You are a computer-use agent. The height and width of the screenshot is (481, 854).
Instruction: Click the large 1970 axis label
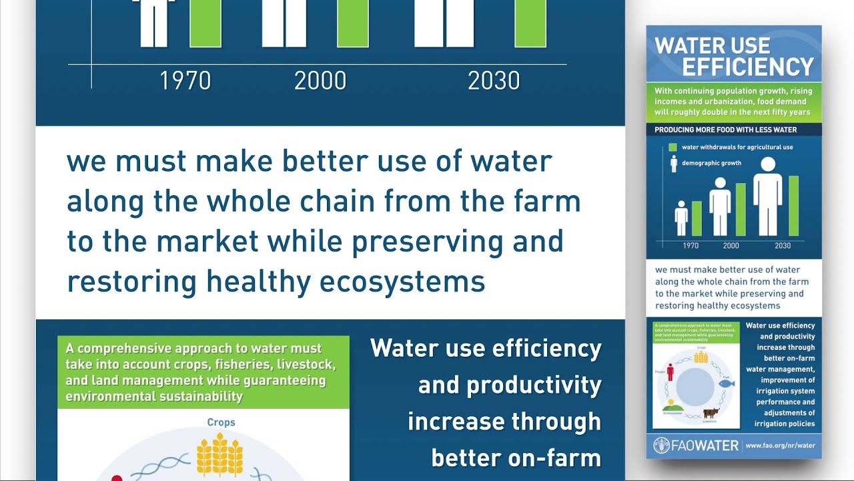(185, 81)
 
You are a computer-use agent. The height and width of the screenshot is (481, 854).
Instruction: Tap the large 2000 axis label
(320, 81)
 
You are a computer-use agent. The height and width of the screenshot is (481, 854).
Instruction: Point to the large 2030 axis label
(494, 81)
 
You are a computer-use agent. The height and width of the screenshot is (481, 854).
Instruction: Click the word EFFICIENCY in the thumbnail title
(748, 67)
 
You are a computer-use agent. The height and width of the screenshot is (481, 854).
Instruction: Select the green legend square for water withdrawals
(673, 147)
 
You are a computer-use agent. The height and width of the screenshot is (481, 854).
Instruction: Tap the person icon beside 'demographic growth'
(673, 164)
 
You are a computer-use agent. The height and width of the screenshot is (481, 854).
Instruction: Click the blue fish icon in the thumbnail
(727, 384)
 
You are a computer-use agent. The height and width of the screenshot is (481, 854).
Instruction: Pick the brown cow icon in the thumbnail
(711, 413)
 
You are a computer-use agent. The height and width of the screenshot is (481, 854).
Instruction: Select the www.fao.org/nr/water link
(780, 446)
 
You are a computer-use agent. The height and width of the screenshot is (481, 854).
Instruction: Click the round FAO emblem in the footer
(662, 446)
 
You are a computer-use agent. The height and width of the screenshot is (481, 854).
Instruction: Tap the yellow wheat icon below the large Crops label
(219, 456)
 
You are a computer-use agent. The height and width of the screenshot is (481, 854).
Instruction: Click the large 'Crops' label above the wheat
(221, 422)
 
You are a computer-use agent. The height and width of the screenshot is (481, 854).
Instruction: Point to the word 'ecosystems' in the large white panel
(402, 282)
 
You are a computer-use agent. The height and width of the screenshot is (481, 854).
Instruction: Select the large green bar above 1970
(205, 23)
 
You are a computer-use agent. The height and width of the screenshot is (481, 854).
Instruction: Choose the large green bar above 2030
(530, 23)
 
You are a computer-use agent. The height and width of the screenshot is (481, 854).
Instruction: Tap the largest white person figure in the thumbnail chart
(767, 197)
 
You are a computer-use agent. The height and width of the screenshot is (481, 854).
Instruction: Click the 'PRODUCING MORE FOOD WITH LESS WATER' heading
(725, 130)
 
